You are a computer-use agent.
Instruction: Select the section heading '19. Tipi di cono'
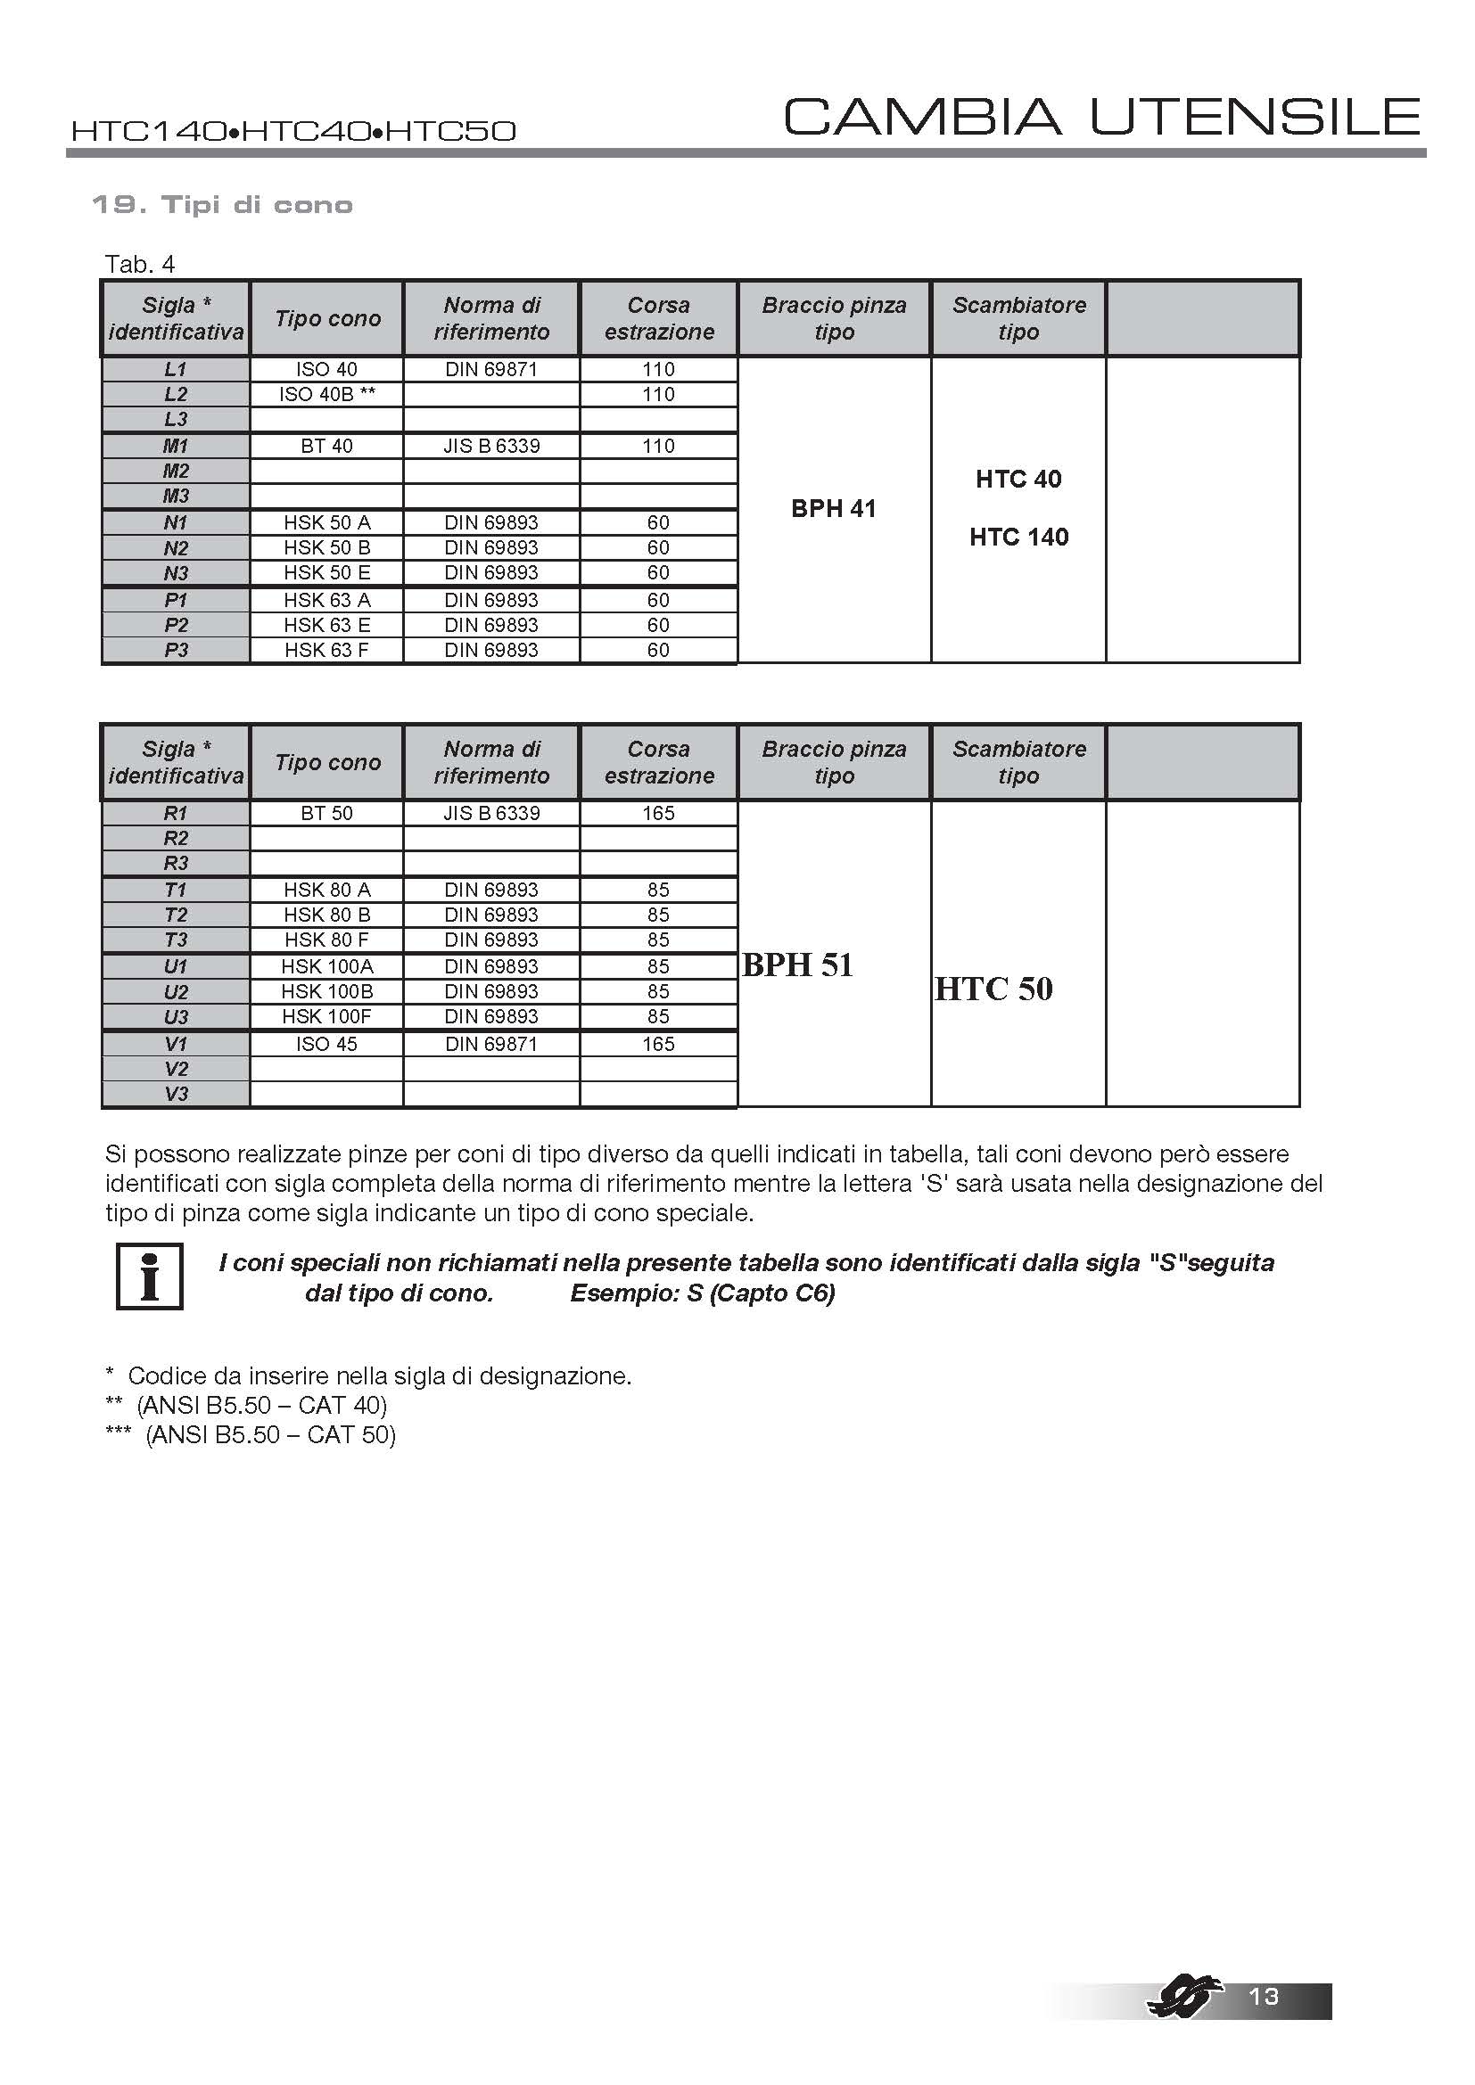(223, 205)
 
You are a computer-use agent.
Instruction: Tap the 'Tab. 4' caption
(140, 264)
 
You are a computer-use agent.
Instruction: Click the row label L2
(176, 394)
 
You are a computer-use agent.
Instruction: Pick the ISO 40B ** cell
(327, 394)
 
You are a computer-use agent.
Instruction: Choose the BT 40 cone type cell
(327, 446)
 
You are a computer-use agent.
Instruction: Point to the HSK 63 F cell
(327, 650)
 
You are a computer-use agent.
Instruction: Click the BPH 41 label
(834, 508)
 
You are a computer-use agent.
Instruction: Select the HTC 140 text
(1019, 537)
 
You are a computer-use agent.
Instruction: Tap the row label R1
(176, 814)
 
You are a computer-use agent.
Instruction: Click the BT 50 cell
(327, 814)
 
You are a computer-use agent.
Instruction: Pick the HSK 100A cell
(327, 966)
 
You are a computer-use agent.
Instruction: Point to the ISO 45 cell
(327, 1045)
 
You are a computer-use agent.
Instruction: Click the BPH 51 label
(798, 965)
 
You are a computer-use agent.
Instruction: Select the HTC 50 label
(993, 989)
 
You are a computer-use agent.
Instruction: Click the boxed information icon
(150, 1276)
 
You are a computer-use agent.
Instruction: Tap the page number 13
(1265, 1996)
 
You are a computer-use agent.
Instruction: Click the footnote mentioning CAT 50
(251, 1435)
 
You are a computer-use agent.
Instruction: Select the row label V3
(176, 1095)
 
